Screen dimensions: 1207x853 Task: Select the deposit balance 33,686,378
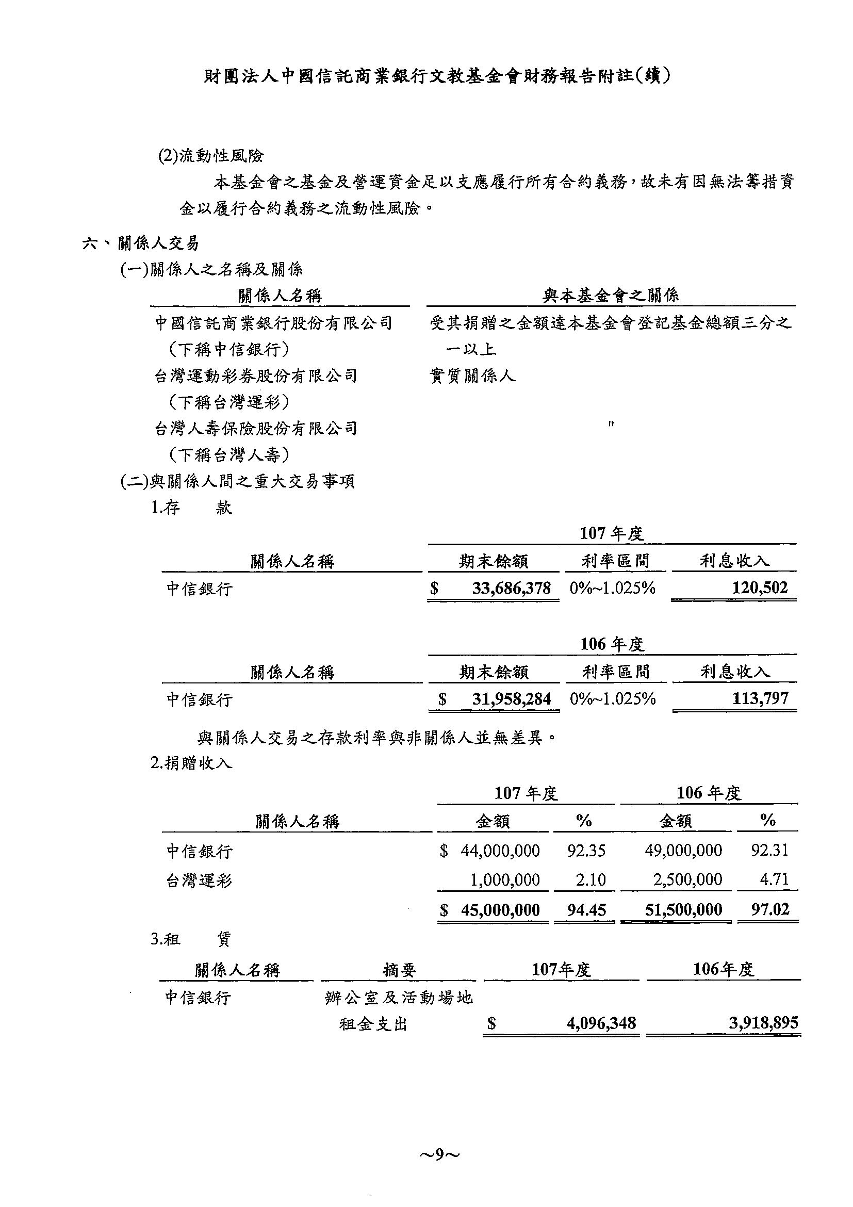(511, 588)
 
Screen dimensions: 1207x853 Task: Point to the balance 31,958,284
(511, 698)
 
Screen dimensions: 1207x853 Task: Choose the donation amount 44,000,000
(500, 851)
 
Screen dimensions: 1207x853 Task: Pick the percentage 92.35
(586, 851)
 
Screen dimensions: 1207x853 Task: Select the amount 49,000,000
(683, 851)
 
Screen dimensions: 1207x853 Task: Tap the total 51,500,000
(683, 910)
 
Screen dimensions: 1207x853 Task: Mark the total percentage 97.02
(770, 910)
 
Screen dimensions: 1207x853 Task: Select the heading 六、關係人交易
(141, 243)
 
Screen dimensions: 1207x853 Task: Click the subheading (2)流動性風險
(211, 156)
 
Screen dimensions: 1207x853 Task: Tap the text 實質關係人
(472, 376)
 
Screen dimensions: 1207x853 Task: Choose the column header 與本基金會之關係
(610, 296)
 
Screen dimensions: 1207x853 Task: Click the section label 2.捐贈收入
(191, 763)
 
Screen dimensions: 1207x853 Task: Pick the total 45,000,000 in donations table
(500, 910)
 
